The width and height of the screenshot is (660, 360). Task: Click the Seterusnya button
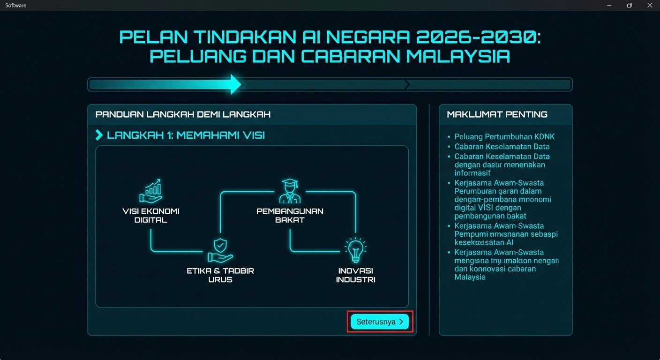[x=380, y=322]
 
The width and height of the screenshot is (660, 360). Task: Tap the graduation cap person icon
[x=289, y=190]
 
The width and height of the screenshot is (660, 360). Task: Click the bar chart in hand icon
[x=150, y=190]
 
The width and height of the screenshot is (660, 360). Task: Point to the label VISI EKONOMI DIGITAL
[x=150, y=215]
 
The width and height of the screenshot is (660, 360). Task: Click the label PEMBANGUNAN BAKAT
[x=290, y=215]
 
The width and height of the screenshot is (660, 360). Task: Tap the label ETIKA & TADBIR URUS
[x=220, y=275]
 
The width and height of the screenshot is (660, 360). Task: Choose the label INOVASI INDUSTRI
[x=356, y=275]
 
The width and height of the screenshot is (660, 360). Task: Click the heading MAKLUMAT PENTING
[x=497, y=114]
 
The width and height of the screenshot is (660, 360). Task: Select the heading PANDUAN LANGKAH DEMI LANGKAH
[x=183, y=114]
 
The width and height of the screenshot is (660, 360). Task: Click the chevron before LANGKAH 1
[x=99, y=135]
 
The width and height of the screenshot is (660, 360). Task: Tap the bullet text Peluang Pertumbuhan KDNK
[x=498, y=137]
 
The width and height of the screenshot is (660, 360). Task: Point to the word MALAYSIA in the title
[x=458, y=56]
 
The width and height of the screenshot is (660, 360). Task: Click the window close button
[x=649, y=5]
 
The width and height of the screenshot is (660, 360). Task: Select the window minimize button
[x=609, y=5]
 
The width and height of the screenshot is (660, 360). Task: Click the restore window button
[x=629, y=5]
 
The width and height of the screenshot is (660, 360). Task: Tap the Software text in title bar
[x=16, y=5]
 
